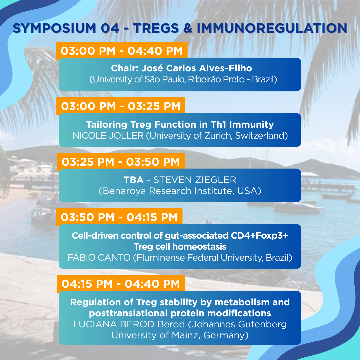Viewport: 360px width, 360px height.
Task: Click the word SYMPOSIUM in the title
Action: [54, 28]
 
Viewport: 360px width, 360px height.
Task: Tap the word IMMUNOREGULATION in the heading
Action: [272, 28]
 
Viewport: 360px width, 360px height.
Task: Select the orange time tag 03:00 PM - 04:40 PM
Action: [122, 51]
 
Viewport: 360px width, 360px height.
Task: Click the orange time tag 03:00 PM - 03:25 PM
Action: [121, 106]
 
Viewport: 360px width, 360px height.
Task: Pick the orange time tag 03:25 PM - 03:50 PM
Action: [121, 162]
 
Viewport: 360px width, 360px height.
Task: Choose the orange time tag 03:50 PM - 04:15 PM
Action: [119, 217]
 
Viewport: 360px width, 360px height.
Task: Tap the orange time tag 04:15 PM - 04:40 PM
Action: [121, 284]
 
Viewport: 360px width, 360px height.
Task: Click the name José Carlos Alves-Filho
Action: [197, 68]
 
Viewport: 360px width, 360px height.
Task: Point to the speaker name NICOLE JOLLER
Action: [108, 136]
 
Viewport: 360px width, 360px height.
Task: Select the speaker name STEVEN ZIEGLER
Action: [195, 180]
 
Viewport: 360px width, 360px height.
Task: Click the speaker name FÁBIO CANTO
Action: [99, 257]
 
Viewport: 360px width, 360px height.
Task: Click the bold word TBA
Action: [134, 180]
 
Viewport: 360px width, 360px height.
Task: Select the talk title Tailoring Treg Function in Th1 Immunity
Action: [180, 124]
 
